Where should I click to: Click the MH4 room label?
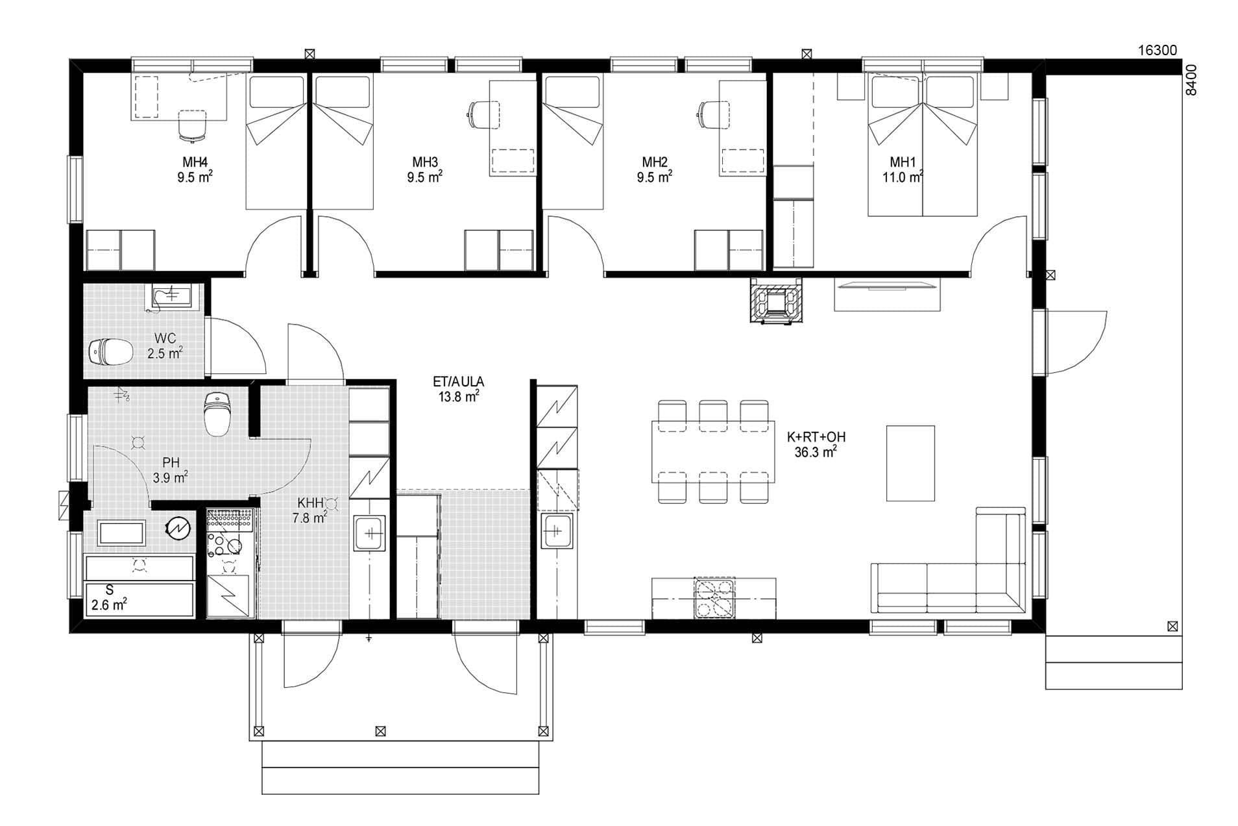195,162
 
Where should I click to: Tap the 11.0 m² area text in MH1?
903,177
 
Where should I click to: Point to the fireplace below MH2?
776,300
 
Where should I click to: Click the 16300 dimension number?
1157,51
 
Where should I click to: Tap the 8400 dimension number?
1191,81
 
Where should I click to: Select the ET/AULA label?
459,382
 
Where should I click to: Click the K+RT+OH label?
816,437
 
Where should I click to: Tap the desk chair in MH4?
193,125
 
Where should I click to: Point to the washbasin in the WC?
170,297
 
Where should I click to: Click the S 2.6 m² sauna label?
109,598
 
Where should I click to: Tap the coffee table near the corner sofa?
910,463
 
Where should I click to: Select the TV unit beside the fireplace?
886,295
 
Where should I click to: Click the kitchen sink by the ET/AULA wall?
557,533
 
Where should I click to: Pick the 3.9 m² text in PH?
171,478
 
